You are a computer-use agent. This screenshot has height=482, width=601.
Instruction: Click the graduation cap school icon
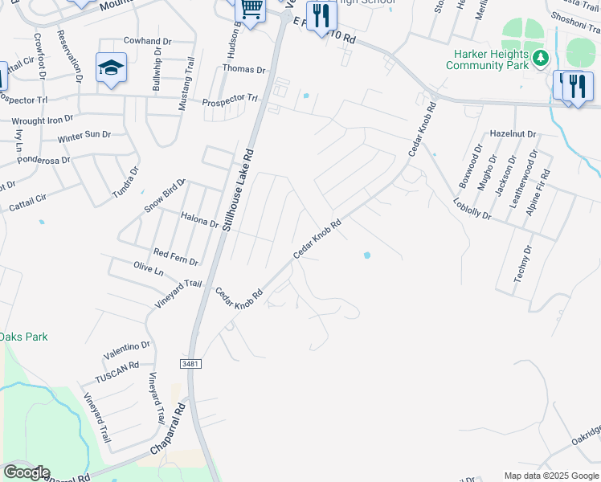111,67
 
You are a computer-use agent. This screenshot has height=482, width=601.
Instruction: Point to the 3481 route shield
190,364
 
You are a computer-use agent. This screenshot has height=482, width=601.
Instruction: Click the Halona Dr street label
199,218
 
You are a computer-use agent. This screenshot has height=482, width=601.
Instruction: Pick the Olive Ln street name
148,269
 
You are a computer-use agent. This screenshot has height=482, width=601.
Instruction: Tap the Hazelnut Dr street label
512,133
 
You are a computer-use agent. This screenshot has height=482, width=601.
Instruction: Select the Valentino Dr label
126,351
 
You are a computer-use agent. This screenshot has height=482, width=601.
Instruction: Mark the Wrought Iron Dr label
42,120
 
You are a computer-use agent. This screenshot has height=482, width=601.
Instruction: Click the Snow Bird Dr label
165,195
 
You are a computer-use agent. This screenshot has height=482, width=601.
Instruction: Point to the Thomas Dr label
243,69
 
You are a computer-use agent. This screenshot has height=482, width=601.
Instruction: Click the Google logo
27,472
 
